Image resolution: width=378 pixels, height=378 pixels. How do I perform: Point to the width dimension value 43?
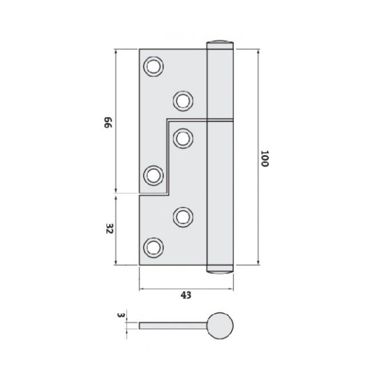pos(186,295)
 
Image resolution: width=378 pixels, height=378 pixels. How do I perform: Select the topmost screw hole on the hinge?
pos(153,67)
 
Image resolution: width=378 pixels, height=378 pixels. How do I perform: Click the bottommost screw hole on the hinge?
pos(153,248)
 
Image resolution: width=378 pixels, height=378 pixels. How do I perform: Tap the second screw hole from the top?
pos(183,101)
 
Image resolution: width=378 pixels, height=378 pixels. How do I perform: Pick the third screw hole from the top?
pos(183,138)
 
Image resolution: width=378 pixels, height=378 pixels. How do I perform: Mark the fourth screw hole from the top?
pos(153,175)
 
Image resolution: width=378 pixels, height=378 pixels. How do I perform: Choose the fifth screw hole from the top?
pos(183,217)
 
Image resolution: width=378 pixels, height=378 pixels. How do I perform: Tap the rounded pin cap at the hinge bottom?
pos(220,270)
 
